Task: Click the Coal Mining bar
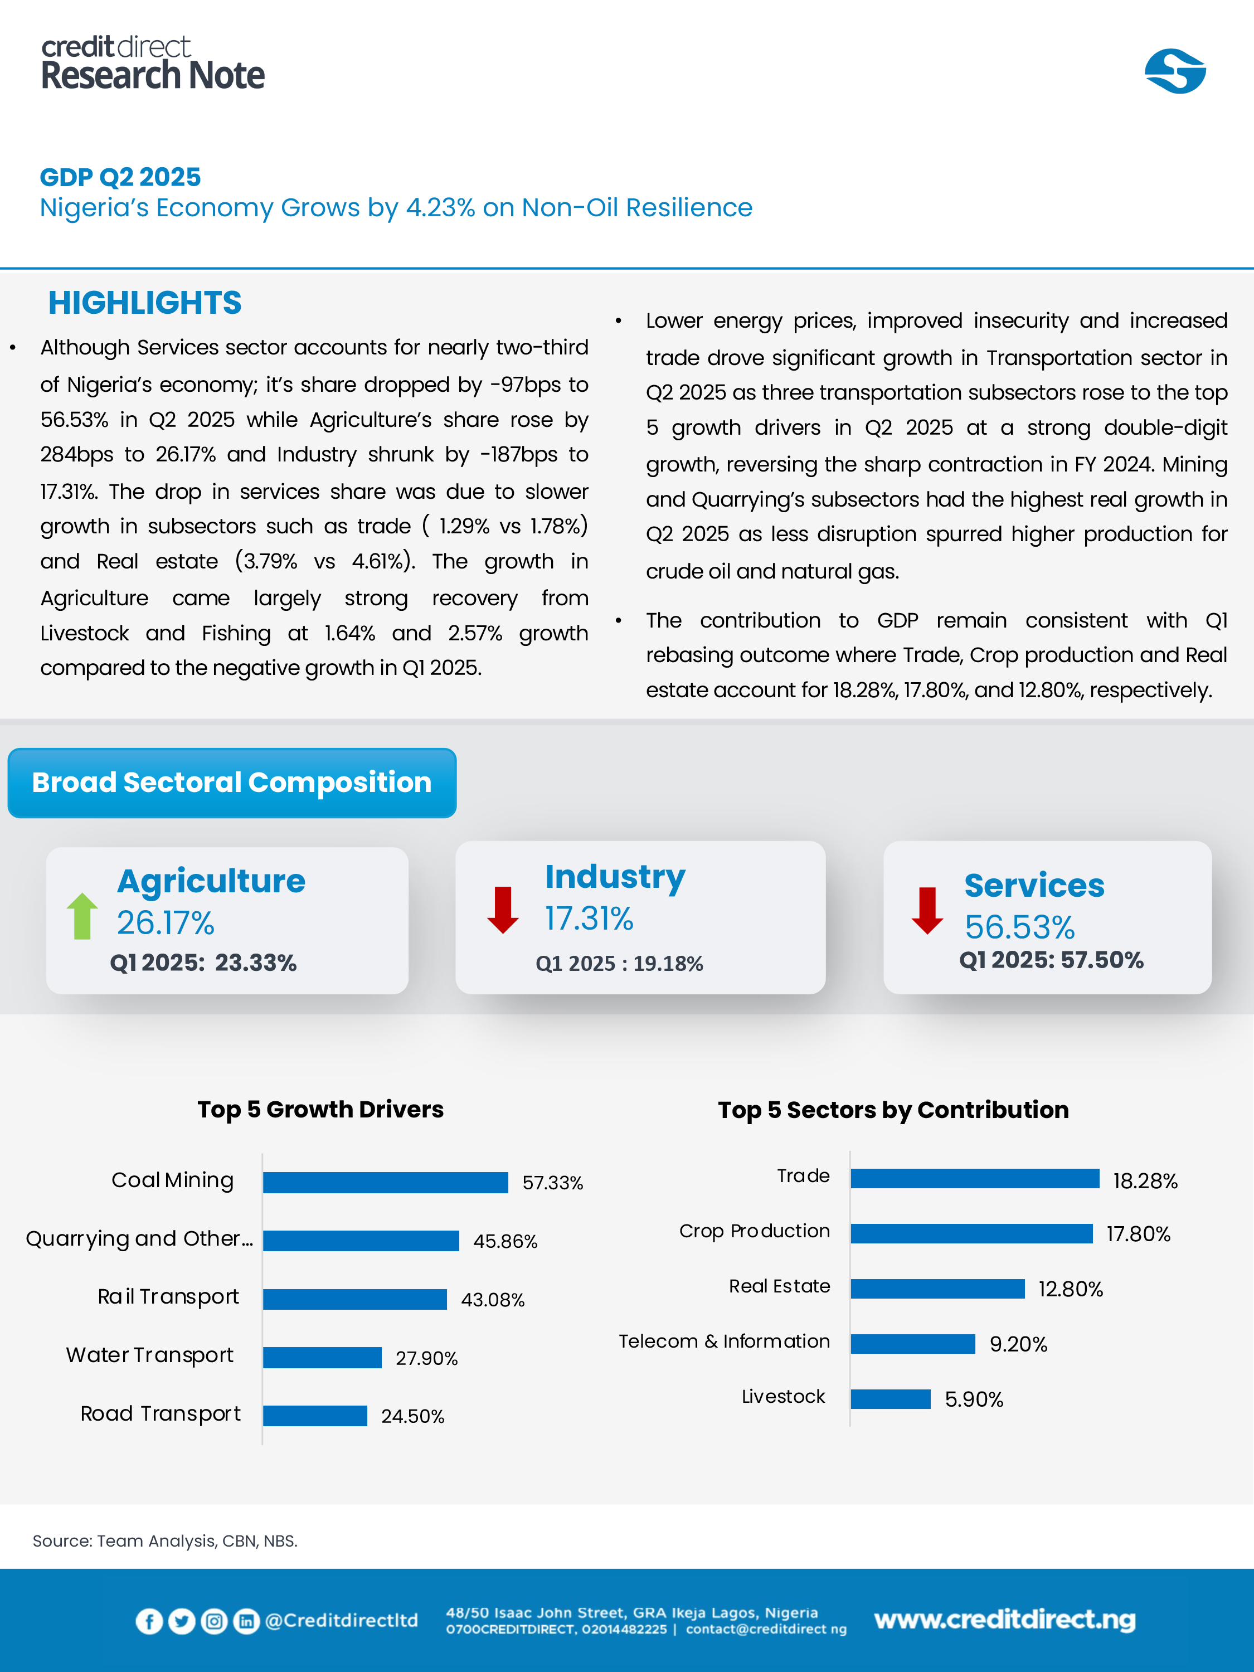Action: [x=386, y=1182]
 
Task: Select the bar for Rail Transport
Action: [x=354, y=1299]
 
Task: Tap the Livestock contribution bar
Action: [x=891, y=1399]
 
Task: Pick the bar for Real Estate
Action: [x=937, y=1289]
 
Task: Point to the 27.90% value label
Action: [x=426, y=1358]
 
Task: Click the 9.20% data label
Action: [x=1018, y=1344]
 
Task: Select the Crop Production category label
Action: [x=755, y=1231]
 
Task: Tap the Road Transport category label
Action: [x=161, y=1413]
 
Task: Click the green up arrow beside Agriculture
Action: [x=82, y=916]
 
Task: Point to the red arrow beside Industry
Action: [x=503, y=910]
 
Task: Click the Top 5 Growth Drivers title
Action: [x=320, y=1109]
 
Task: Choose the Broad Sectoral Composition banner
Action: [x=232, y=783]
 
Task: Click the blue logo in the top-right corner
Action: [x=1175, y=72]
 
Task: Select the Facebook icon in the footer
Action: [x=149, y=1621]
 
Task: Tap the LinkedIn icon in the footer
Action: [x=246, y=1621]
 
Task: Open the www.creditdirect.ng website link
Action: [x=1004, y=1620]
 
